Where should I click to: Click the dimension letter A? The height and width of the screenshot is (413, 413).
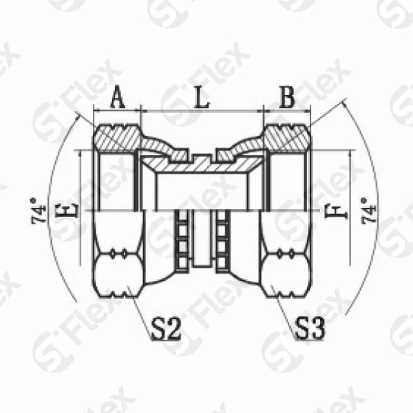(x=118, y=98)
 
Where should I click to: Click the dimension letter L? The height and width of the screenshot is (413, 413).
(x=202, y=98)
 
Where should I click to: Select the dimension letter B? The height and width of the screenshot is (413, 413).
(x=287, y=98)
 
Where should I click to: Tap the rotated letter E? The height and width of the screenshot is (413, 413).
(x=67, y=210)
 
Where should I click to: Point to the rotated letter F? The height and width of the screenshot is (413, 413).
(x=336, y=211)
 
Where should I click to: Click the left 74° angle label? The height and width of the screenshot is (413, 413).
(x=39, y=211)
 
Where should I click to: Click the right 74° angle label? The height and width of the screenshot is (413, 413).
(x=368, y=211)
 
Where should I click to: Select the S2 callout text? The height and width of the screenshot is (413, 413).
(x=167, y=329)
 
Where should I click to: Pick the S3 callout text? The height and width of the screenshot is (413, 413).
(x=310, y=328)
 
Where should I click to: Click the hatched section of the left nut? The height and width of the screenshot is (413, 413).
(x=117, y=138)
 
